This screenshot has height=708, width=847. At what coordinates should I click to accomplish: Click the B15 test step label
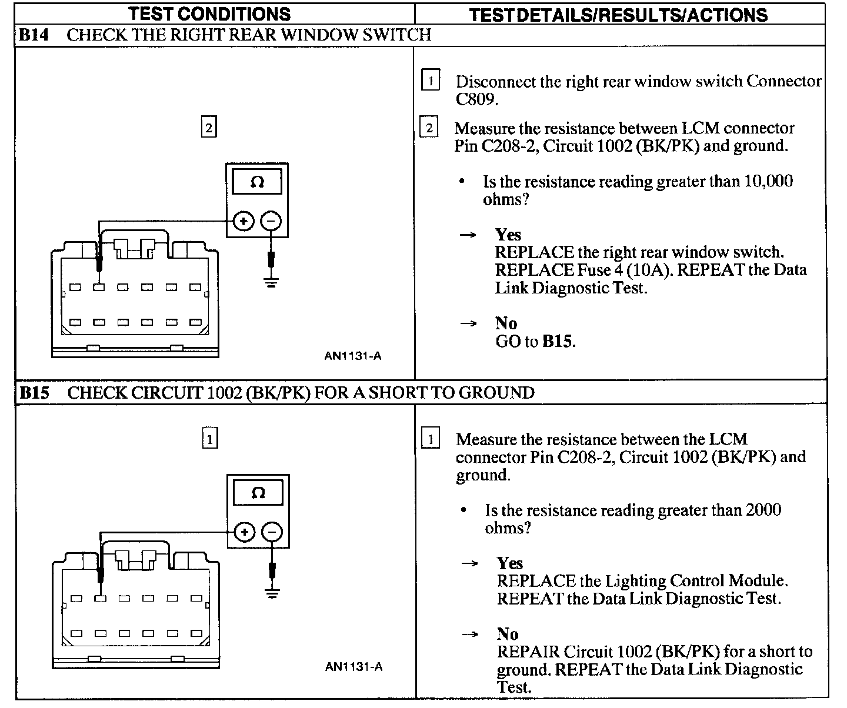click(34, 393)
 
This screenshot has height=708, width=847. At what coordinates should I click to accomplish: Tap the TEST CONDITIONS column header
click(209, 14)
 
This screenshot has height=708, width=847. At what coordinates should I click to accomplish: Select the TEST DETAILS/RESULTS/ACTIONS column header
click(618, 15)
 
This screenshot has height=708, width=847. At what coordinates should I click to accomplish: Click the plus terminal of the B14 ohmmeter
click(244, 222)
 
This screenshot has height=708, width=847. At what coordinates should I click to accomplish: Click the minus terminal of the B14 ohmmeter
click(271, 222)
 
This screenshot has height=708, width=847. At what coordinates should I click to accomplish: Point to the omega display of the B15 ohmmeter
click(258, 493)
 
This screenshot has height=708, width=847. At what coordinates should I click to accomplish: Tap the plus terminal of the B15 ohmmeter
click(244, 533)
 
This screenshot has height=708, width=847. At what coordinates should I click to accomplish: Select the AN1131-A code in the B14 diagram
click(352, 356)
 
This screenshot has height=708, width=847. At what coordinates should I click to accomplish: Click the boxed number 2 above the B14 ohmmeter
click(209, 128)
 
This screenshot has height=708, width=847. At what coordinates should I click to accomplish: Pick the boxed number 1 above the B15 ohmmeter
click(210, 439)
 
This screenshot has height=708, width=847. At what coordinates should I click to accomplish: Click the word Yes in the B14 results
click(508, 235)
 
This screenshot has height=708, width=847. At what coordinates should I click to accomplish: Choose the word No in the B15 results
click(508, 634)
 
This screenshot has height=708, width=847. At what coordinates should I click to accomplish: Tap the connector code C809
click(476, 99)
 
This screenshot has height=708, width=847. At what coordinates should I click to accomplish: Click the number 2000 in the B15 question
click(763, 510)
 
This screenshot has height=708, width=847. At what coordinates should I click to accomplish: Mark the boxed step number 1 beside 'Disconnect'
click(431, 80)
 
